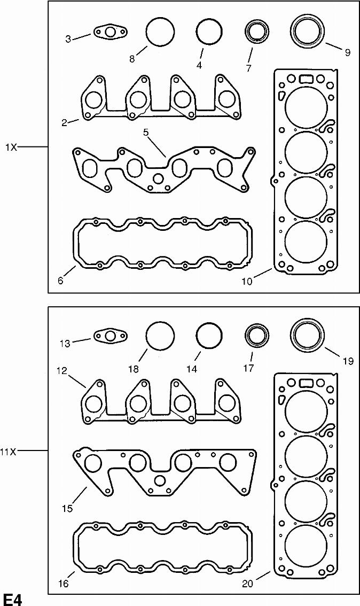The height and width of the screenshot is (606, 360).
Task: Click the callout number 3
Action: click(x=68, y=39)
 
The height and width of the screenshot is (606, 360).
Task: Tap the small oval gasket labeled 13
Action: click(x=111, y=336)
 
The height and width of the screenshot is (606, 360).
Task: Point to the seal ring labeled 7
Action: click(x=257, y=32)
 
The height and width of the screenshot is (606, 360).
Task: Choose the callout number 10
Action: click(x=247, y=281)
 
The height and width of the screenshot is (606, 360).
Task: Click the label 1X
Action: click(x=11, y=147)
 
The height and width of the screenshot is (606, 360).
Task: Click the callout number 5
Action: click(x=146, y=133)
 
